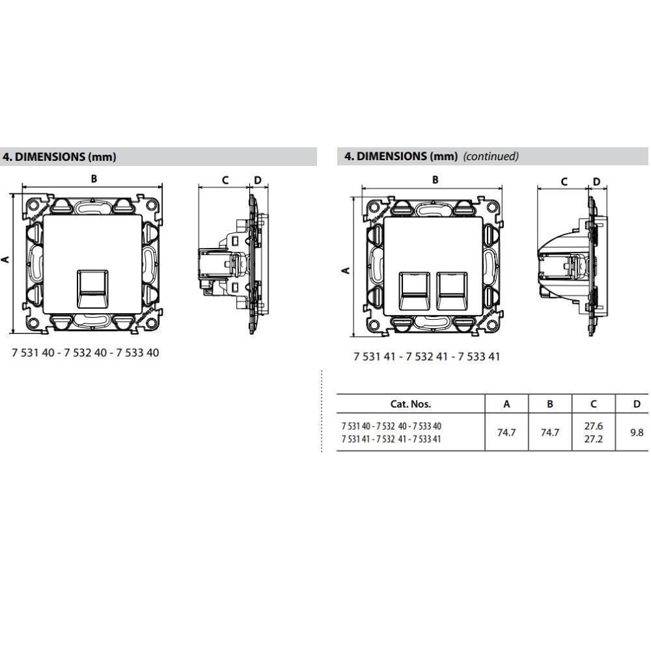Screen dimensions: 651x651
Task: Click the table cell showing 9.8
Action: tap(637, 432)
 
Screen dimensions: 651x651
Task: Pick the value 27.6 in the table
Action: tap(593, 426)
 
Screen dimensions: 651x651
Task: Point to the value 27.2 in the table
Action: tap(593, 439)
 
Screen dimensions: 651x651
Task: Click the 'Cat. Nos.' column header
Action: tap(410, 404)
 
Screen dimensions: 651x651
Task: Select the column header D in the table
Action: tap(637, 404)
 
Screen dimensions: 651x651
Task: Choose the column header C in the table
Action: tap(593, 404)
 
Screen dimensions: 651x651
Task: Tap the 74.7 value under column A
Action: tap(506, 432)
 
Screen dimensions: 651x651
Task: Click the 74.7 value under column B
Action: tap(550, 432)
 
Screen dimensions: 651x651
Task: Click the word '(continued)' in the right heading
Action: tap(491, 156)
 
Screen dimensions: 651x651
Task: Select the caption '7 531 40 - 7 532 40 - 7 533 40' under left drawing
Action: tap(85, 352)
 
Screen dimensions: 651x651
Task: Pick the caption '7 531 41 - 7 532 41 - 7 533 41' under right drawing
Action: tap(426, 357)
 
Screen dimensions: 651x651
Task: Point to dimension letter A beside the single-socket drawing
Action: tap(6, 259)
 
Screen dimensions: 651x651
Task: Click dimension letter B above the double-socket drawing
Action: tap(436, 180)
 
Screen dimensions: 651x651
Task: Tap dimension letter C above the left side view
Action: tap(225, 180)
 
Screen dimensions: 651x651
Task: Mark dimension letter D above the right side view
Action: tap(596, 182)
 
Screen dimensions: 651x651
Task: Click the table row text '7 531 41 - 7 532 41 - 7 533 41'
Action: tap(391, 439)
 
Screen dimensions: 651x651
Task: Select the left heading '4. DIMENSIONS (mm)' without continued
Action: tap(60, 156)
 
